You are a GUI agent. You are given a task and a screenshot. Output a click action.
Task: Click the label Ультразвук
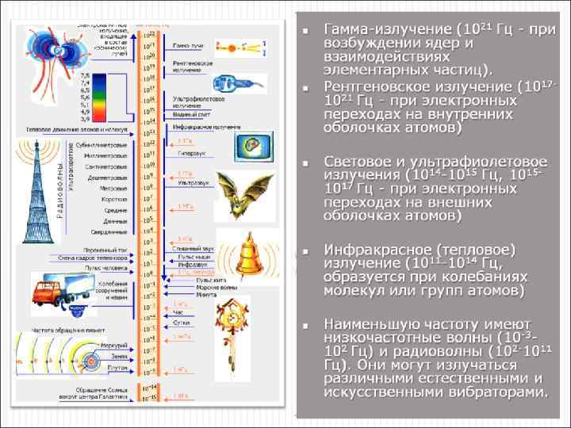(186, 182)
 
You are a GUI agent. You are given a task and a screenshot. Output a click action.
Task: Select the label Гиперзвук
(185, 151)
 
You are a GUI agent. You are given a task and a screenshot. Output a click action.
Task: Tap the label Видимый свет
(184, 115)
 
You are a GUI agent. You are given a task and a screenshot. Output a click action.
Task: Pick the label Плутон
(117, 368)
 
